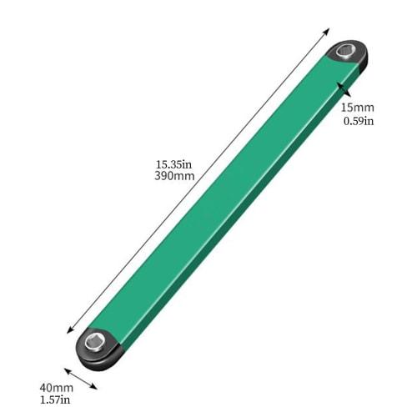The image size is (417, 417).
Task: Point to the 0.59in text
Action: click(x=358, y=121)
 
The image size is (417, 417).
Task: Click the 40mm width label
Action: click(x=57, y=389)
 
